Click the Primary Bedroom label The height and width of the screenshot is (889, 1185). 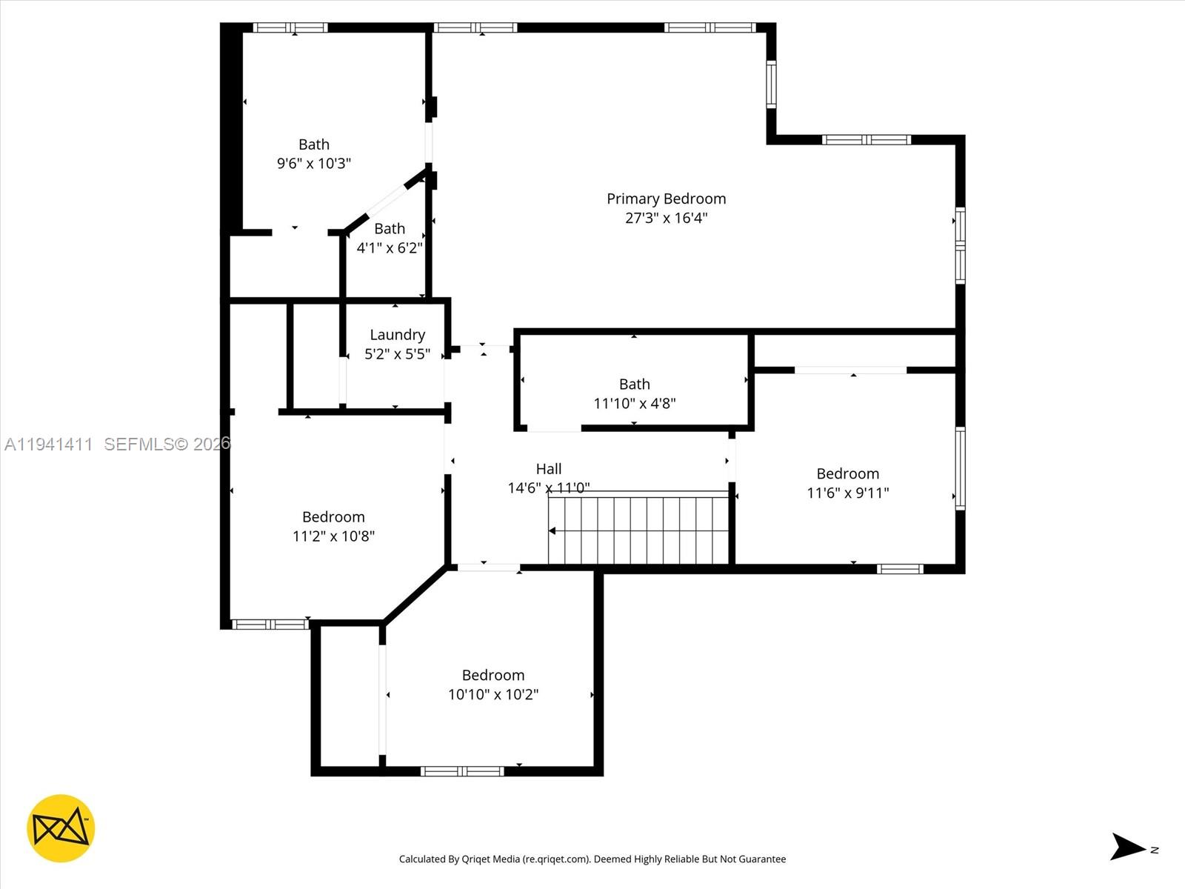point(666,199)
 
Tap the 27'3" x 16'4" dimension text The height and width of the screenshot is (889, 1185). point(666,218)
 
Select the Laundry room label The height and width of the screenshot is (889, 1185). point(397,335)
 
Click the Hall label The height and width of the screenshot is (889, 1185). point(549,469)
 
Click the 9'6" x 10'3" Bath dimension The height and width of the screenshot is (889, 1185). point(313,163)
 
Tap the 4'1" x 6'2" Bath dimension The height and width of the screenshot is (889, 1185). point(390,247)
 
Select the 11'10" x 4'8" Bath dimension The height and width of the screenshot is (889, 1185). point(634,404)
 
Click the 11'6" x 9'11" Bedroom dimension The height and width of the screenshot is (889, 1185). point(847,493)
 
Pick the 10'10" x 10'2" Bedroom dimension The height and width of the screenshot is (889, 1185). point(493,694)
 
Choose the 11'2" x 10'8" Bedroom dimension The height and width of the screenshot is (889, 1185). point(333,536)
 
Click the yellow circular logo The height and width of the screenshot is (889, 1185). point(61,828)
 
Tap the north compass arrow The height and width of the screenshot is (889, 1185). point(1128,847)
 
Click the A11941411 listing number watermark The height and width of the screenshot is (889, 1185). point(49,444)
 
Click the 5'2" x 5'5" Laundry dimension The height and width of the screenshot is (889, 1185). point(397,354)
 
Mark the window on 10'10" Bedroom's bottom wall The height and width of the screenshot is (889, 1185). point(462,771)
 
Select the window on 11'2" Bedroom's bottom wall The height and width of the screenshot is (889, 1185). point(270,625)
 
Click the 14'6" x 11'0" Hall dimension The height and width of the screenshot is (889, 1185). point(548,488)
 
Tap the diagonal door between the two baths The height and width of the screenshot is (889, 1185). point(387,200)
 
